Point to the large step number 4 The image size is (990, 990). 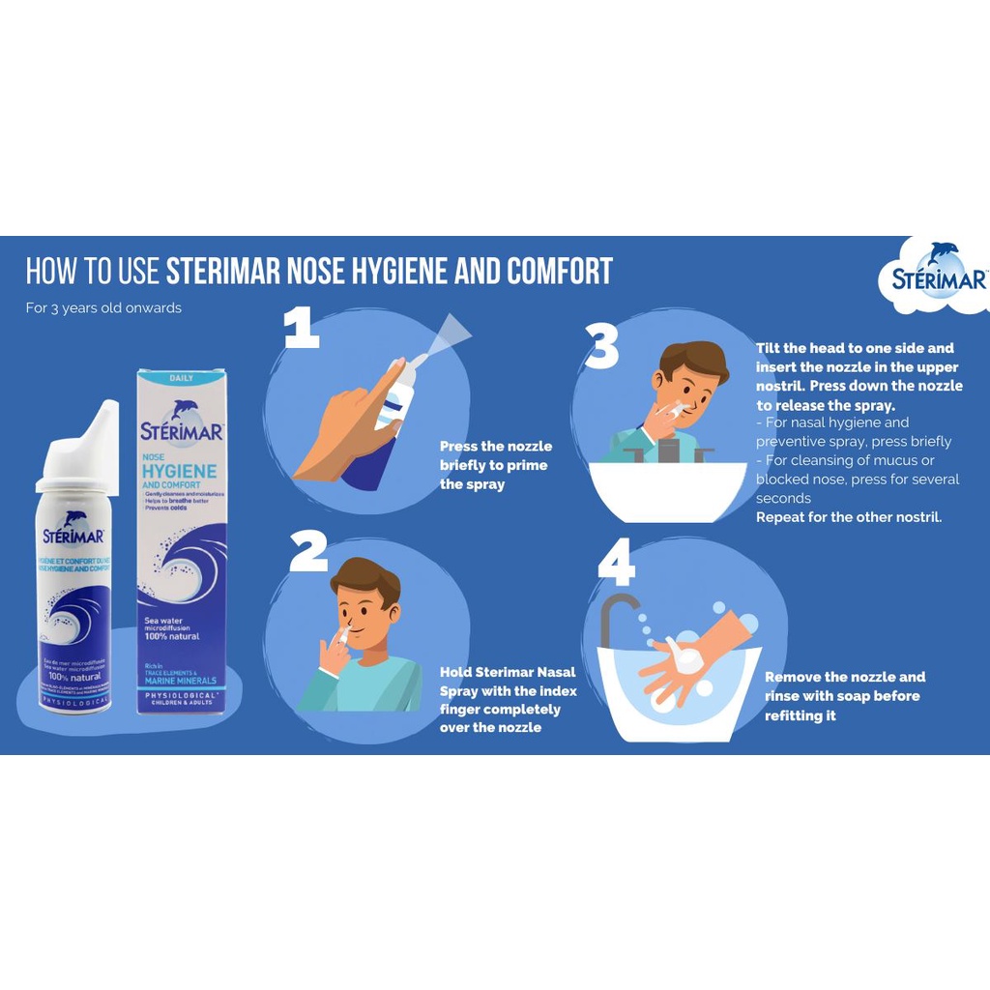616,565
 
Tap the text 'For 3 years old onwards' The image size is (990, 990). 103,308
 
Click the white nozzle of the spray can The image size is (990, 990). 93,440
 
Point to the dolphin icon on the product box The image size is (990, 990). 183,410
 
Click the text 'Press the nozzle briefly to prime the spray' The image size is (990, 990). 495,465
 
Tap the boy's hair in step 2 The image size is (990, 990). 365,577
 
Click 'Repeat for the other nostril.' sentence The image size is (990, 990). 848,517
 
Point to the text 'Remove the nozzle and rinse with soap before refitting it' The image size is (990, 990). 844,696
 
